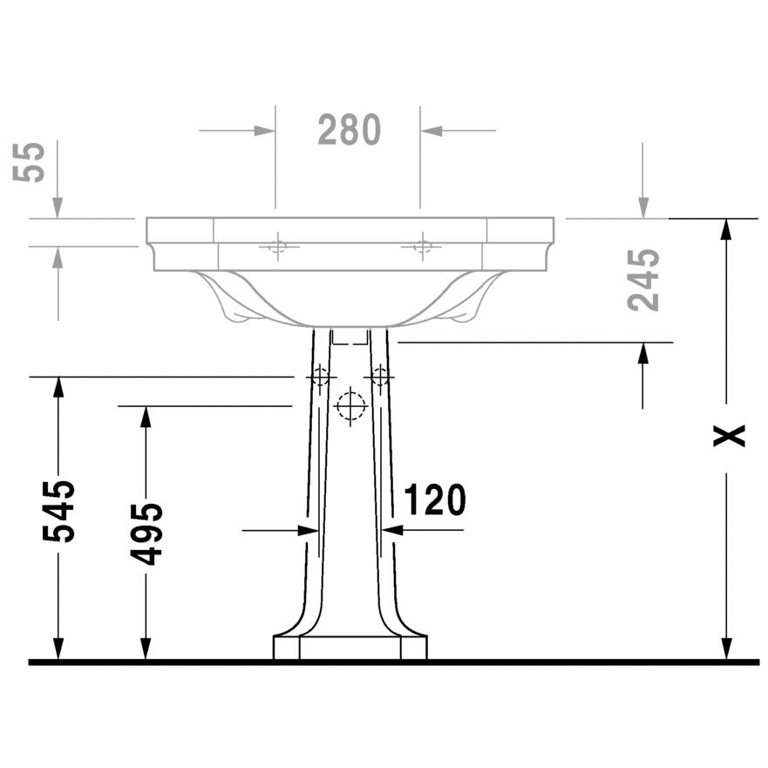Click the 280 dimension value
[x=350, y=130]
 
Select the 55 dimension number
[x=29, y=162]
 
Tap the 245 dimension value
[x=643, y=280]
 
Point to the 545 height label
[x=58, y=512]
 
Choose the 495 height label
[x=146, y=534]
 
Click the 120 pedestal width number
[x=434, y=500]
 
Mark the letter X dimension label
[x=729, y=435]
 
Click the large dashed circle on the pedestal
[x=350, y=406]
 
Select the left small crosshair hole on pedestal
[x=320, y=377]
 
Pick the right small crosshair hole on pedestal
[x=379, y=377]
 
